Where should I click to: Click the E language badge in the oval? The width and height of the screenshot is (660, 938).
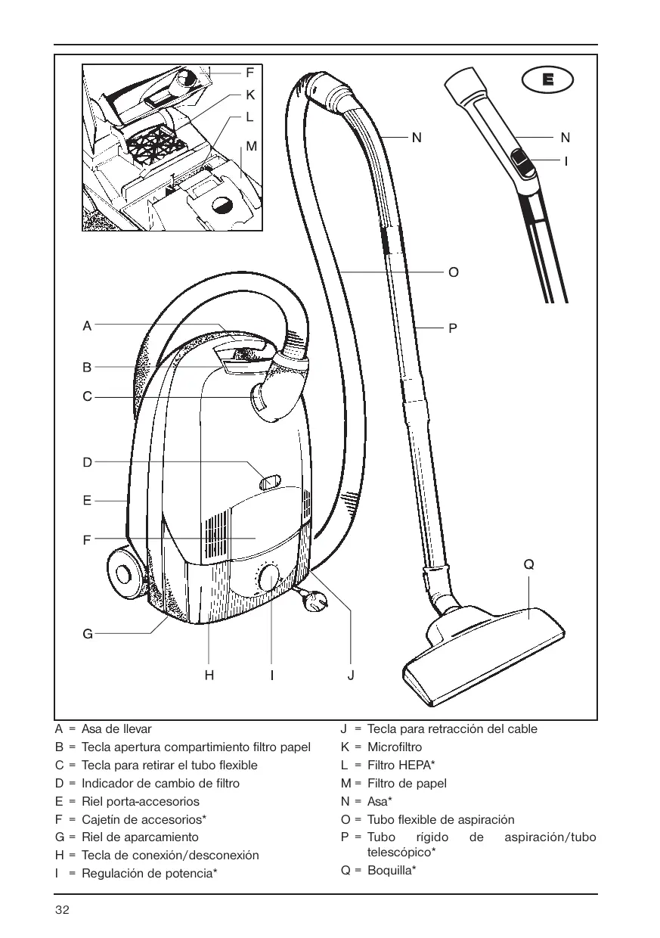548,79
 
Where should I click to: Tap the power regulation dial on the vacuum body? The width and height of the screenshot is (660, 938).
269,578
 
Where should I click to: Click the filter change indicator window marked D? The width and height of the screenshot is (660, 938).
270,483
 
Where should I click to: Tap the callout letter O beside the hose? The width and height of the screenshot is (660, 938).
454,272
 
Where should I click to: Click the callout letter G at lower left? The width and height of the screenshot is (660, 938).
88,634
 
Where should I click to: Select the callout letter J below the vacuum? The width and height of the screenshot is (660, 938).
351,676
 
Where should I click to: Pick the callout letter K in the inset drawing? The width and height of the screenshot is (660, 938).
250,95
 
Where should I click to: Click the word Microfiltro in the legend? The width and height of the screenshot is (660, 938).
395,747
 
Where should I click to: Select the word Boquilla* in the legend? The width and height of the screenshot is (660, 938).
392,870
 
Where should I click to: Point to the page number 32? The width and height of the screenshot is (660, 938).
62,910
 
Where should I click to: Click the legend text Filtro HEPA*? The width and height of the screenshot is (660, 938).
401,765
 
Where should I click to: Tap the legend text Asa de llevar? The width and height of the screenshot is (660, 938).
116,729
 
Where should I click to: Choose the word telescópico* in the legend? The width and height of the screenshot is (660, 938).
401,853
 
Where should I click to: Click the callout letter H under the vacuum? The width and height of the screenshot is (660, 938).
209,676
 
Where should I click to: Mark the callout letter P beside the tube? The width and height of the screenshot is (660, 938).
452,329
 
